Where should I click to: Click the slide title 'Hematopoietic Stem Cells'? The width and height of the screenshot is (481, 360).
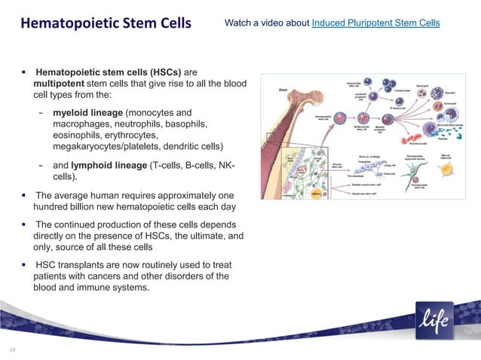(x=106, y=23)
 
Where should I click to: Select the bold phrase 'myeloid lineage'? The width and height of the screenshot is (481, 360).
(x=87, y=111)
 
